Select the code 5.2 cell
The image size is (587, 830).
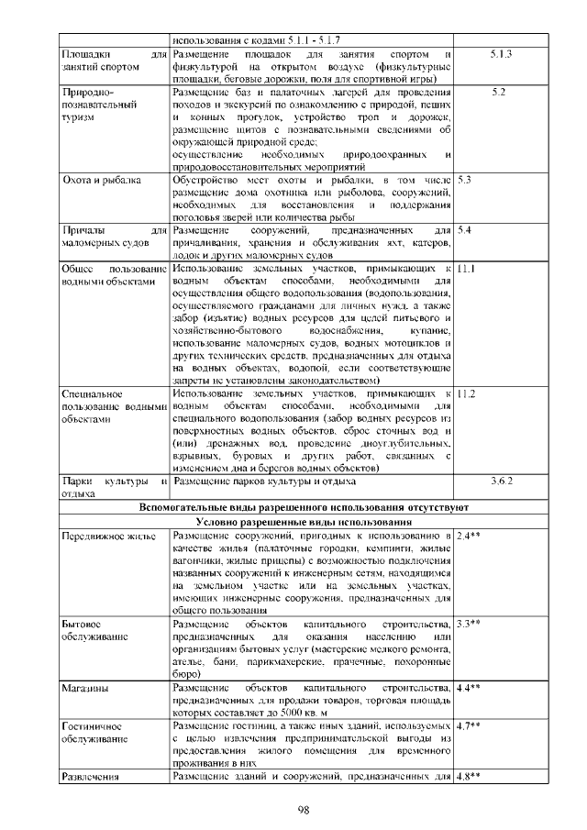pos(498,92)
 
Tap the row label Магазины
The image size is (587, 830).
pos(86,686)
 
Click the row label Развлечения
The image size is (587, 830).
pos(92,777)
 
